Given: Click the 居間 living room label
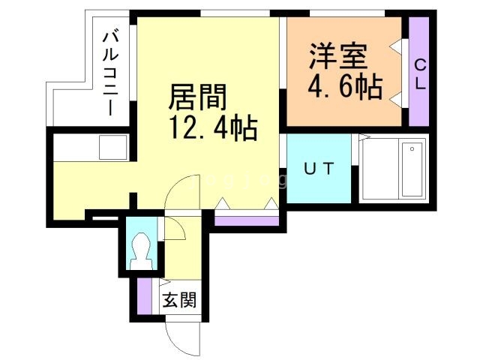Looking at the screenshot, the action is pyautogui.click(x=198, y=97).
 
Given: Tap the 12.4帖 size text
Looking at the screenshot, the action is pyautogui.click(x=212, y=127).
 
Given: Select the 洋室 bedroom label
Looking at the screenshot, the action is pyautogui.click(x=339, y=57).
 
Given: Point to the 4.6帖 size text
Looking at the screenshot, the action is pyautogui.click(x=345, y=86).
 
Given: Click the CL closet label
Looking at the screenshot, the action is pyautogui.click(x=420, y=74).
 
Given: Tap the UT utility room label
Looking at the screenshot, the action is pyautogui.click(x=319, y=169).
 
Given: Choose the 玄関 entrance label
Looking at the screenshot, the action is pyautogui.click(x=179, y=300).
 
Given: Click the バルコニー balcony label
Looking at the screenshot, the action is pyautogui.click(x=110, y=73).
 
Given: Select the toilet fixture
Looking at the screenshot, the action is pyautogui.click(x=142, y=251).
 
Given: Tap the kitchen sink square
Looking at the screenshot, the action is pyautogui.click(x=113, y=147).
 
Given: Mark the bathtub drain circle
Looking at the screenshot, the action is pyautogui.click(x=412, y=149).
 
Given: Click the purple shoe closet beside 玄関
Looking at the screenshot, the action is pyautogui.click(x=145, y=296).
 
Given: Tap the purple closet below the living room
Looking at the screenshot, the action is pyautogui.click(x=247, y=221).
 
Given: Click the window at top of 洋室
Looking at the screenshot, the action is pyautogui.click(x=347, y=13).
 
